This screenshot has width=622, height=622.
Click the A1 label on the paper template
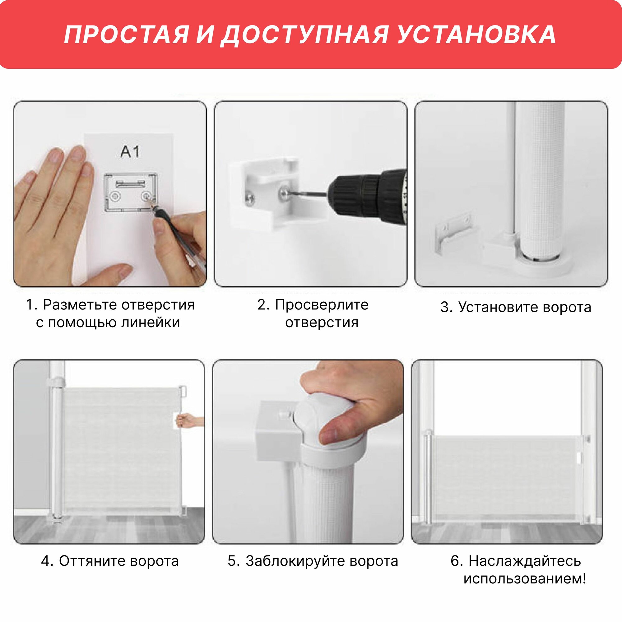pos(130,151)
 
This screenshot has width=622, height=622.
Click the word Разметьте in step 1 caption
pos(79,304)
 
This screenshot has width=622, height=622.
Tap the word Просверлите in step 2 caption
pos(322,305)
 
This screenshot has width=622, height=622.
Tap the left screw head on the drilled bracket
pos(249,197)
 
